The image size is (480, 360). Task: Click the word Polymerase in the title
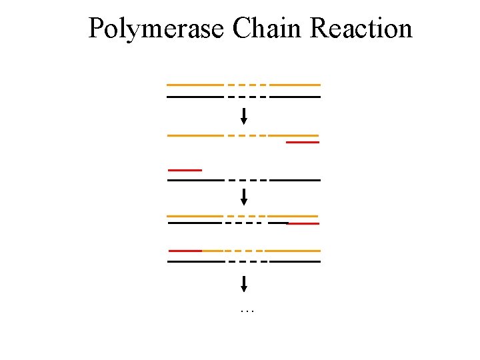[157, 29]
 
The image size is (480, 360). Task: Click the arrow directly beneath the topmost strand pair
[244, 116]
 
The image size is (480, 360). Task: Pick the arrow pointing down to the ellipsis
[244, 284]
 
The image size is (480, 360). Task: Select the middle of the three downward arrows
[244, 197]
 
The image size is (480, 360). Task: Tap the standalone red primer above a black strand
[185, 170]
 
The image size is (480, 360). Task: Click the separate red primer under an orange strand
[302, 143]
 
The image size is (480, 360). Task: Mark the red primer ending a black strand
[303, 224]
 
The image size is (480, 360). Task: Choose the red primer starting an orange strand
[185, 251]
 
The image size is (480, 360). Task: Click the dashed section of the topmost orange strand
[247, 85]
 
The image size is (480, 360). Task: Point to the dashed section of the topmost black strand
[247, 97]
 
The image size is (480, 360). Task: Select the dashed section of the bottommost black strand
[247, 262]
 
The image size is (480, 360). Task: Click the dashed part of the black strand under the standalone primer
[247, 181]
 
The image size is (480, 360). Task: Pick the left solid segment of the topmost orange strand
[195, 85]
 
